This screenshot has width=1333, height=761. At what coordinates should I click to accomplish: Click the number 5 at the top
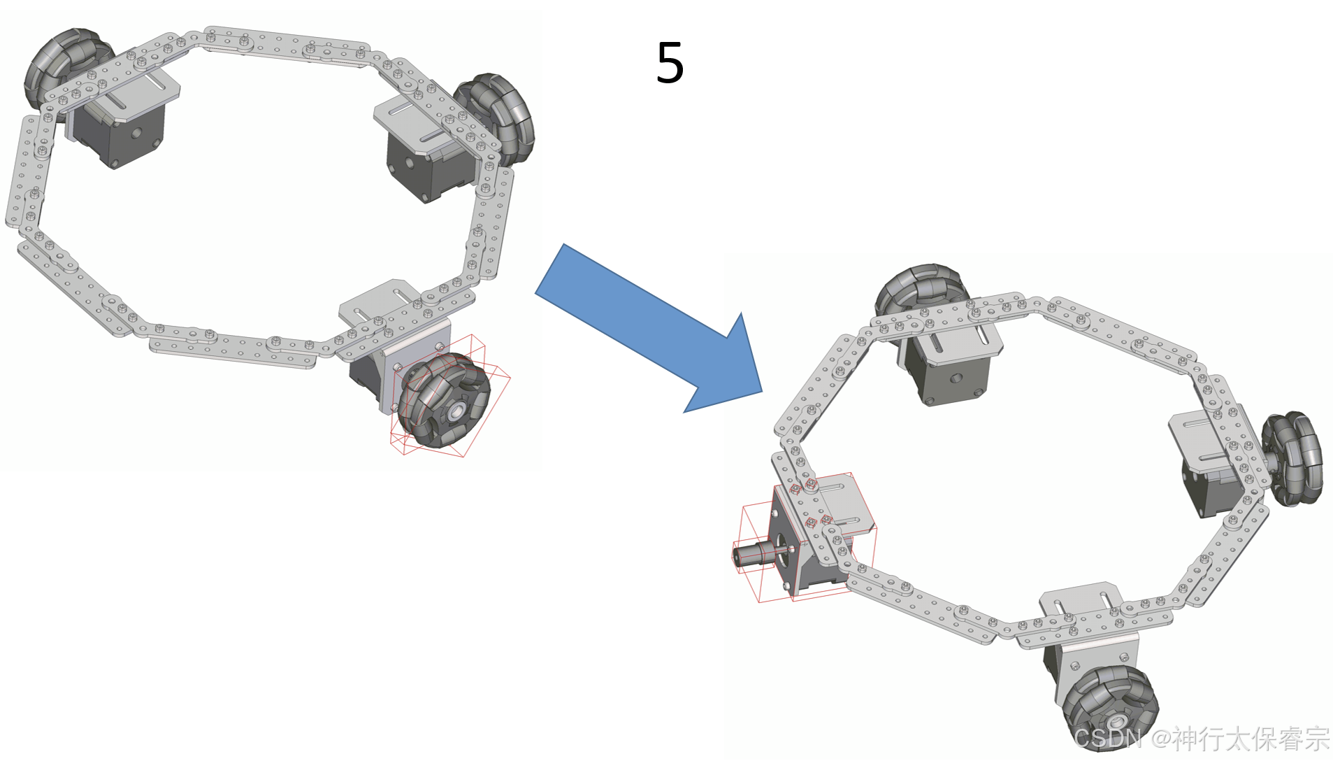coord(670,63)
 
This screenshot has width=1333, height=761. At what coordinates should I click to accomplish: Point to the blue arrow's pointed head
coord(761,392)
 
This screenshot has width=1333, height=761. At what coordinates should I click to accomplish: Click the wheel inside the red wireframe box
coord(442,401)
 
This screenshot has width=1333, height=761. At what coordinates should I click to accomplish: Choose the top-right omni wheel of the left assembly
coord(494,119)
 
